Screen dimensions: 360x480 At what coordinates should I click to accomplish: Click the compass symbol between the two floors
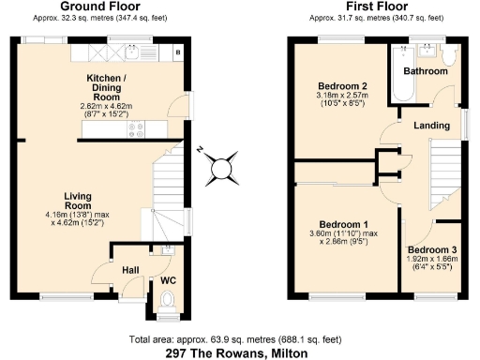click(221, 169)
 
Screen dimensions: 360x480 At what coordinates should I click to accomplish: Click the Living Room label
click(77, 201)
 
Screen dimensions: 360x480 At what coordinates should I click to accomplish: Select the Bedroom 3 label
click(432, 249)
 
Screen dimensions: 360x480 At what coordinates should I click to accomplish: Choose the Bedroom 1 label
click(344, 225)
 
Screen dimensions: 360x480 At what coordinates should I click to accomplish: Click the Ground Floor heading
click(94, 6)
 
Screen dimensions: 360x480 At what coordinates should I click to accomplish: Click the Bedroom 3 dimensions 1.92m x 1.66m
click(432, 259)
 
